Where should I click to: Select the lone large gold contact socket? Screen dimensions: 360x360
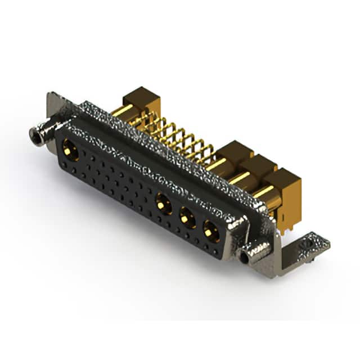pyautogui.click(x=70, y=150)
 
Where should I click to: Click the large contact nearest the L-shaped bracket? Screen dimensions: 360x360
pyautogui.click(x=211, y=231)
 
